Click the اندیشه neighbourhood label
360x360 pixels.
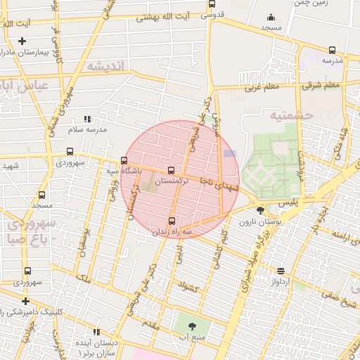105,66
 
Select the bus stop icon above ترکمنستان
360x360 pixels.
171,170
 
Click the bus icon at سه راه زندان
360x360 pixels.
172,221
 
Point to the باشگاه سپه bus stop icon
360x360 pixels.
124,160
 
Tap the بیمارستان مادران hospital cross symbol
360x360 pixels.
22,41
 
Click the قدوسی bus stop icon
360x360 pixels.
212,4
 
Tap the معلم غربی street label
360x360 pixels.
262,88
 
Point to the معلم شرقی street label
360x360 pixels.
321,85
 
